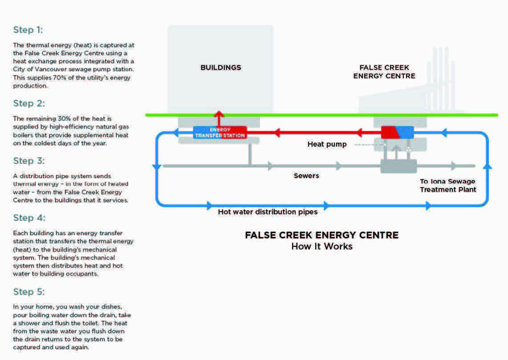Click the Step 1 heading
point(28,30)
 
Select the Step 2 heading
point(29,103)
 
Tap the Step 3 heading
point(29,161)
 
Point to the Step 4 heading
point(29,218)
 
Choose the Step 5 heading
point(29,292)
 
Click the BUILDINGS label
point(221,67)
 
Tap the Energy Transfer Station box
point(220,132)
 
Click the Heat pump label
point(327,144)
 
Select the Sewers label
point(306,176)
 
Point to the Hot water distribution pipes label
point(268,212)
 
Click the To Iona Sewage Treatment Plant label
point(448,185)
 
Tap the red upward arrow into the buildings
point(219,119)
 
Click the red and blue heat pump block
point(398,132)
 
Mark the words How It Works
point(322,246)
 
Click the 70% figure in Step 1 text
point(59,78)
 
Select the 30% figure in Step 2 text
point(64,119)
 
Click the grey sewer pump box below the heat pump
point(398,166)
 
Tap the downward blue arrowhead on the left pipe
point(157,167)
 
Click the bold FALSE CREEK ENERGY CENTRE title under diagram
point(322,235)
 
